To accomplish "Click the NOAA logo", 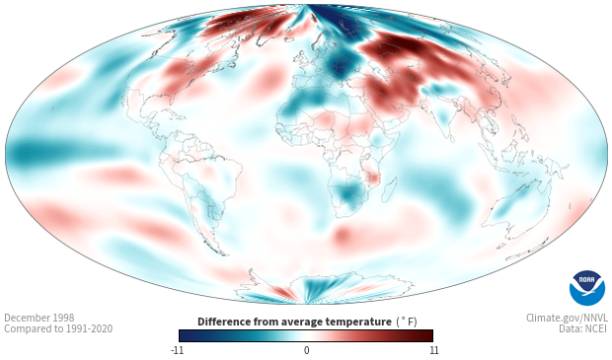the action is pyautogui.click(x=586, y=288).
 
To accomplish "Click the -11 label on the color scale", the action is pyautogui.click(x=177, y=350).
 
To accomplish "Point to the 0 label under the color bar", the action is pyautogui.click(x=306, y=350).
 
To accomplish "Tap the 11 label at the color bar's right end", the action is pyautogui.click(x=434, y=350).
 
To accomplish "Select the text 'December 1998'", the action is pyautogui.click(x=39, y=318).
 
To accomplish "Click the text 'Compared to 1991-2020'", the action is pyautogui.click(x=58, y=328).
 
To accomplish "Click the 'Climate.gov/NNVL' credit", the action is pyautogui.click(x=567, y=318).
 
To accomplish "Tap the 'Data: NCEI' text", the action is pyautogui.click(x=583, y=328).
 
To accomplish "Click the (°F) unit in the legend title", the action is pyautogui.click(x=407, y=322).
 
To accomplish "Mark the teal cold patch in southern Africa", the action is pyautogui.click(x=348, y=194).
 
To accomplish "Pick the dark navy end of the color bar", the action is pyautogui.click(x=187, y=335).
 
